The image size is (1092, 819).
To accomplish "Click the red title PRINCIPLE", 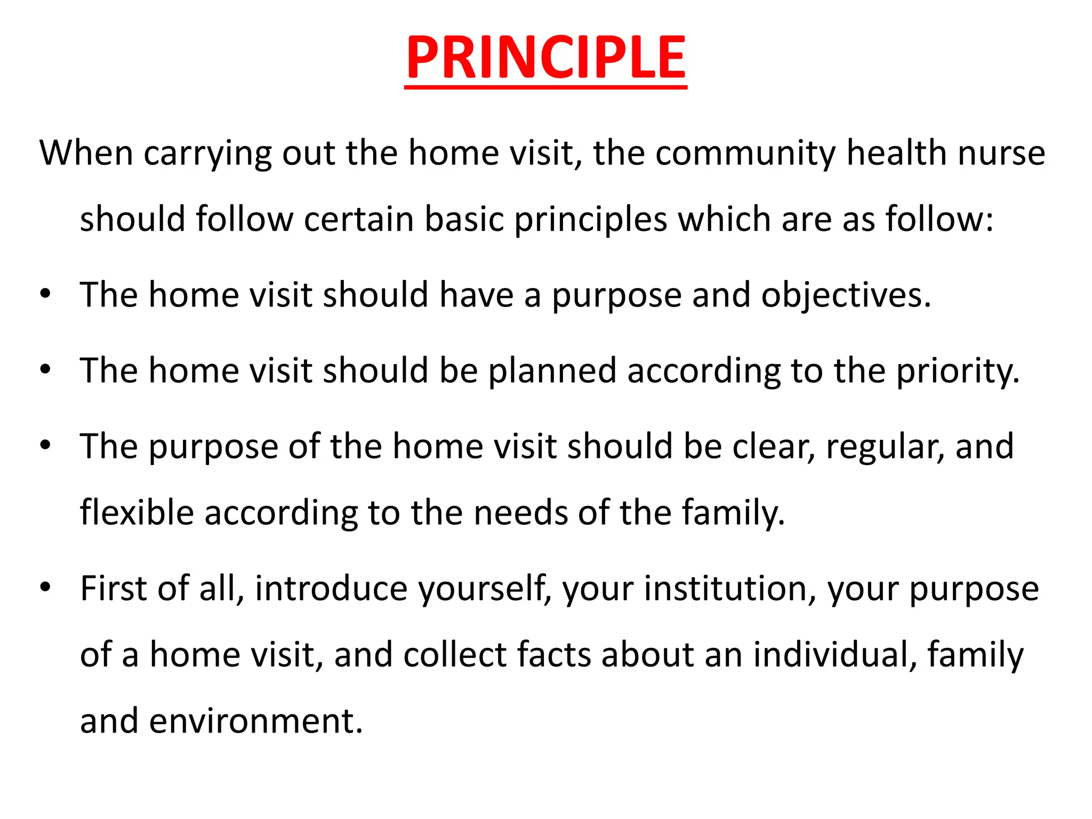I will click(x=545, y=57).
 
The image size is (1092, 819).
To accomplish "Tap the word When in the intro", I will click(x=86, y=153).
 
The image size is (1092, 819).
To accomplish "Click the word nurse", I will click(x=1001, y=153).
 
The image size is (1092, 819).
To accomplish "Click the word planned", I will click(x=552, y=372).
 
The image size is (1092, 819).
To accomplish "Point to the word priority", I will click(x=958, y=372).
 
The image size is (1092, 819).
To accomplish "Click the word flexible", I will click(x=136, y=512).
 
